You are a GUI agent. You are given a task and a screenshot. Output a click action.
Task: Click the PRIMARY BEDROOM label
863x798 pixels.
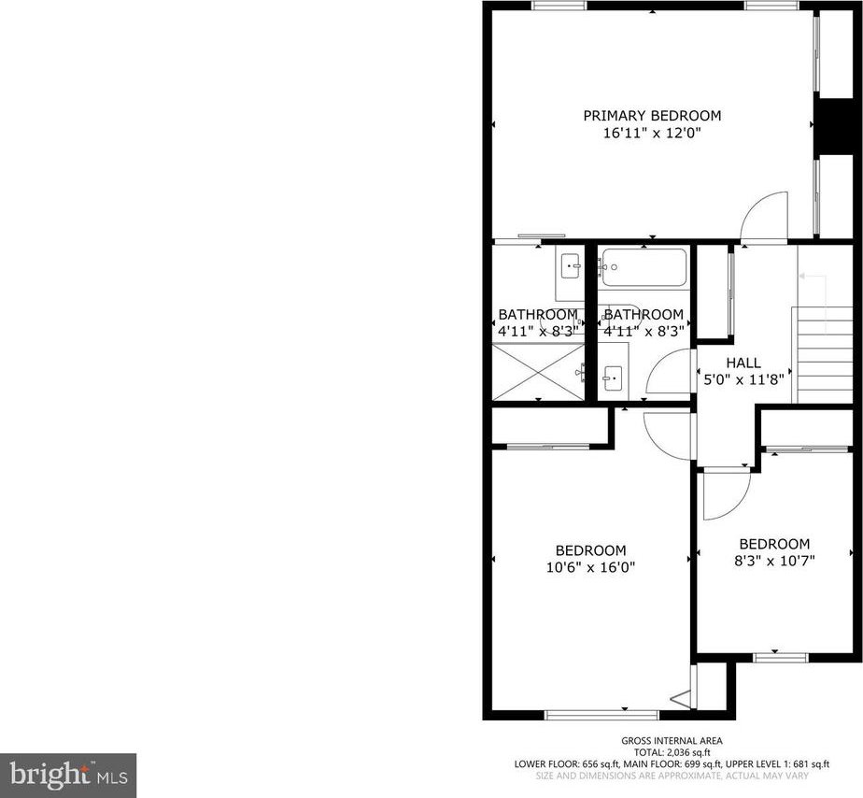coord(652,116)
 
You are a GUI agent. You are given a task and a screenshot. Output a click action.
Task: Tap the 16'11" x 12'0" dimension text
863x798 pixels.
coord(652,133)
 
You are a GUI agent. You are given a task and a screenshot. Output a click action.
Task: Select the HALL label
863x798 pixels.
coord(743,363)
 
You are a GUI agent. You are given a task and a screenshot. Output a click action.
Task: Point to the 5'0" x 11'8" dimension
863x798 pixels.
coord(743,379)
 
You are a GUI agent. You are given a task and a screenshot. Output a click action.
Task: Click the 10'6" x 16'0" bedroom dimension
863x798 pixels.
coord(590,567)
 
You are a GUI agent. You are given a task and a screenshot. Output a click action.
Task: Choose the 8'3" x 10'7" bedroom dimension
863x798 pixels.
coord(774,561)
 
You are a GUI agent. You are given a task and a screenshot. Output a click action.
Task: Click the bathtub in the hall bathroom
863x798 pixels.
coord(644,267)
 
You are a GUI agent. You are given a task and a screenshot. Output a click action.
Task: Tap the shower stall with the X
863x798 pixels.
coord(538,372)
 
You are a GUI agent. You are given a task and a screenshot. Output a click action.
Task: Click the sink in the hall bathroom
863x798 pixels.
coord(613,378)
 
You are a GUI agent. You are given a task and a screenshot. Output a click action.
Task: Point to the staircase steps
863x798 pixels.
coord(822,355)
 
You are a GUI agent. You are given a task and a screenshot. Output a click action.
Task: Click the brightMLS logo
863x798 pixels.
coord(68,776)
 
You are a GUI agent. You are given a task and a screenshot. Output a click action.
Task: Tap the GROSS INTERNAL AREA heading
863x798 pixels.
coord(672,741)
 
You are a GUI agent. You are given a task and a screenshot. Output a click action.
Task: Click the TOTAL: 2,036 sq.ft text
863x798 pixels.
coord(672,752)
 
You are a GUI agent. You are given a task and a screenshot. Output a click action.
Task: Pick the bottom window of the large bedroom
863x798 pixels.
coord(601,715)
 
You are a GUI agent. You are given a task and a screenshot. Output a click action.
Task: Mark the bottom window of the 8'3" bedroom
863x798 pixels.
coord(781,658)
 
